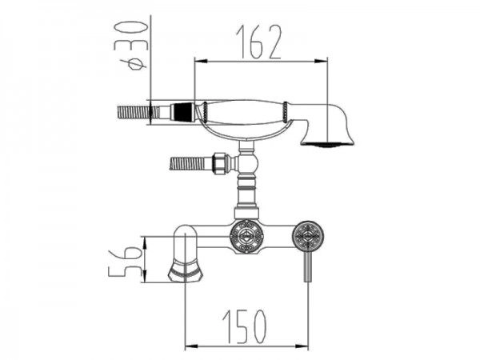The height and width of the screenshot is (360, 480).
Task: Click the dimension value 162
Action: (x=258, y=42)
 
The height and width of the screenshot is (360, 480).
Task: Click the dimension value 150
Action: (x=244, y=326)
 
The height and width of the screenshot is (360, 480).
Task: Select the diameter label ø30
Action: (x=133, y=46)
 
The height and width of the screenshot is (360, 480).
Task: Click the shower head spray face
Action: (x=327, y=144)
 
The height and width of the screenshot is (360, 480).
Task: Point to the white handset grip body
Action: (x=246, y=112)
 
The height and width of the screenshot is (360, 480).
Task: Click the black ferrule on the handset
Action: (x=184, y=112)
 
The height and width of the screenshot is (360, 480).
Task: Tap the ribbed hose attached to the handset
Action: (x=138, y=112)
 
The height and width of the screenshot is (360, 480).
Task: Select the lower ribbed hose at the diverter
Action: (x=190, y=163)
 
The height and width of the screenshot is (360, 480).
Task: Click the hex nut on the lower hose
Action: (x=221, y=162)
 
